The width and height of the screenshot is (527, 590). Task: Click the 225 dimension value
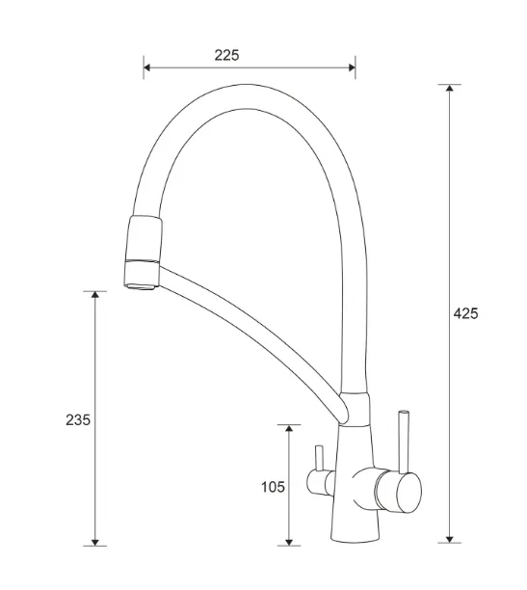(x=226, y=55)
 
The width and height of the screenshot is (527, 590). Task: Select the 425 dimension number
(x=465, y=313)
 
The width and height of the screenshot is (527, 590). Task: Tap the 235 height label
(x=78, y=420)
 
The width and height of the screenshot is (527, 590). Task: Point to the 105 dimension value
(x=273, y=487)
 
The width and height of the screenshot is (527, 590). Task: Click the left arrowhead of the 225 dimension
(x=147, y=67)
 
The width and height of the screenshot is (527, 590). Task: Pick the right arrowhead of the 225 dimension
(x=352, y=67)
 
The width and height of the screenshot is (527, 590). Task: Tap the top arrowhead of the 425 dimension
(x=449, y=88)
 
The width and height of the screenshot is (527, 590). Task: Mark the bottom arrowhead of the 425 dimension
(x=449, y=539)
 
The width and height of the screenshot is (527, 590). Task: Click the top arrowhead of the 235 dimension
(x=95, y=295)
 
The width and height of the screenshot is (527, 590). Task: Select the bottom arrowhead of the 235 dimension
(x=95, y=542)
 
